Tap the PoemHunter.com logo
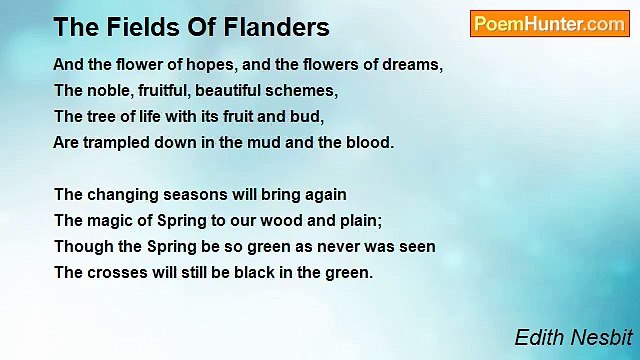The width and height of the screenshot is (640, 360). [x=549, y=24]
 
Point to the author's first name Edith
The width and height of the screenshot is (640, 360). [x=537, y=338]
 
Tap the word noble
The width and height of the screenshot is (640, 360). [x=110, y=90]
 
